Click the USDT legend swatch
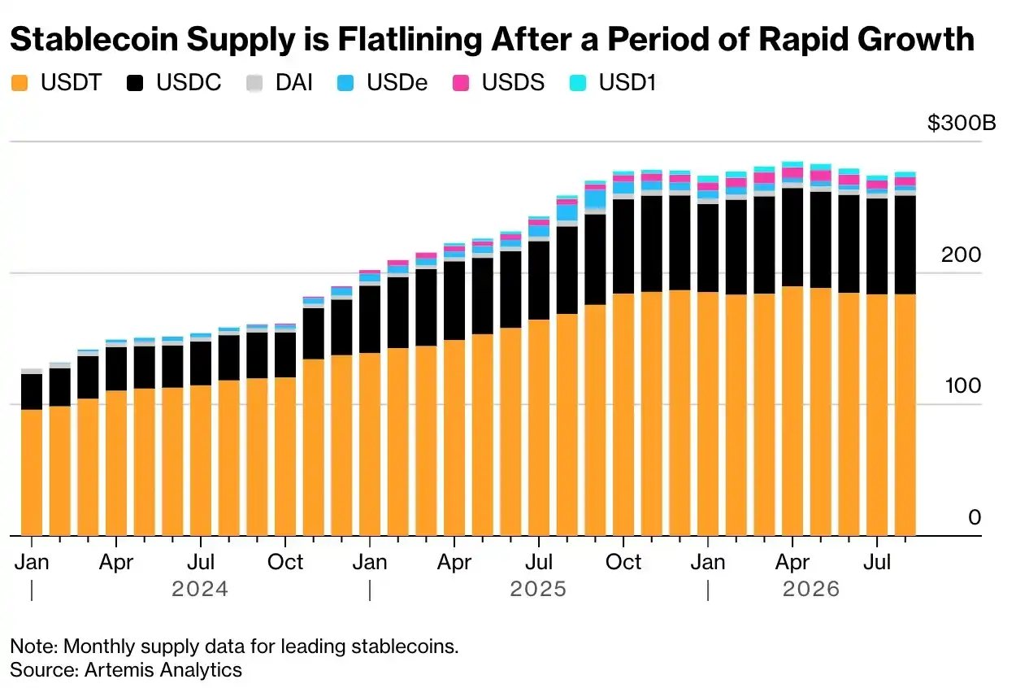(x=20, y=83)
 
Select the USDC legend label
(x=189, y=83)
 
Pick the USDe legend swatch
(x=345, y=83)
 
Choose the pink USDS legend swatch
(x=461, y=83)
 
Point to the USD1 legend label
(x=627, y=83)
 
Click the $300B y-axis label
(x=962, y=123)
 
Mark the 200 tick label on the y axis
(x=961, y=255)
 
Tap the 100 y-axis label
(x=963, y=385)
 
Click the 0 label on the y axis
(x=975, y=517)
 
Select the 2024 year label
(x=200, y=589)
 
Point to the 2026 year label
(x=811, y=589)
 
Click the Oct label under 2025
(x=623, y=562)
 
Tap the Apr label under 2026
(x=792, y=562)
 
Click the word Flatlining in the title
(x=410, y=40)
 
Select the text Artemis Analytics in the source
(x=163, y=670)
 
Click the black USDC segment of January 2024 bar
(x=32, y=392)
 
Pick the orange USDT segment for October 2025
(x=623, y=415)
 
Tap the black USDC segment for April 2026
(x=792, y=237)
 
